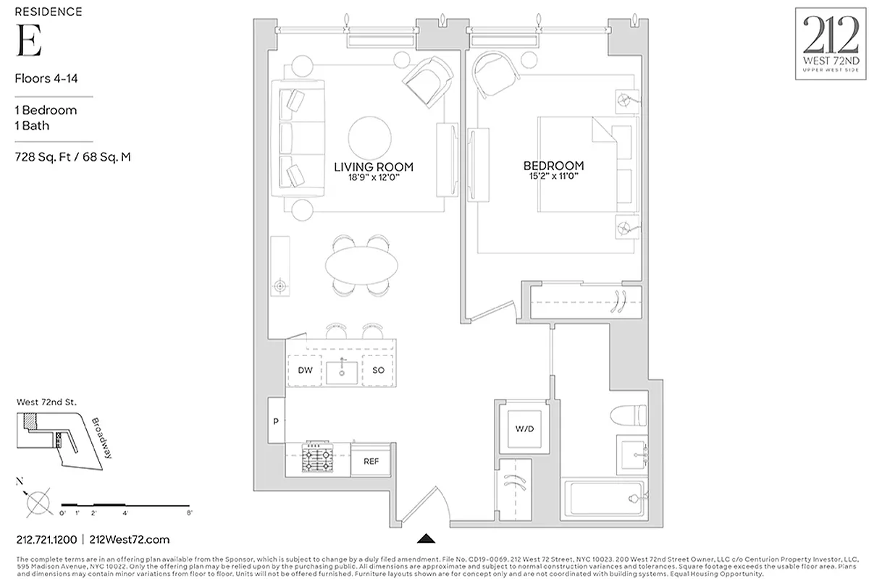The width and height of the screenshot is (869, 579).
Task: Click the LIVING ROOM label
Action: [374, 166]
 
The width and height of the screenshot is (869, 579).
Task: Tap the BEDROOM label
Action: [554, 166]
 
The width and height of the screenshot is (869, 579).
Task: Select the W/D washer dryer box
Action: [524, 428]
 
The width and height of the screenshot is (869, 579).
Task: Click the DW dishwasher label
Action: [305, 370]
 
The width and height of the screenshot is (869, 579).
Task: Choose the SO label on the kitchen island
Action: [377, 370]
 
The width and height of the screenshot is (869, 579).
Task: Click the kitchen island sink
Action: [341, 372]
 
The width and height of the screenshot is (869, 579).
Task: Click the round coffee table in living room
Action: [370, 137]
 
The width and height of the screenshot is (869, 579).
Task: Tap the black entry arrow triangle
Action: [428, 537]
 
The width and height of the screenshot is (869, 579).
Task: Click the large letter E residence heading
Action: [29, 42]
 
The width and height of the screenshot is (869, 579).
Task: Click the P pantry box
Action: [276, 420]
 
